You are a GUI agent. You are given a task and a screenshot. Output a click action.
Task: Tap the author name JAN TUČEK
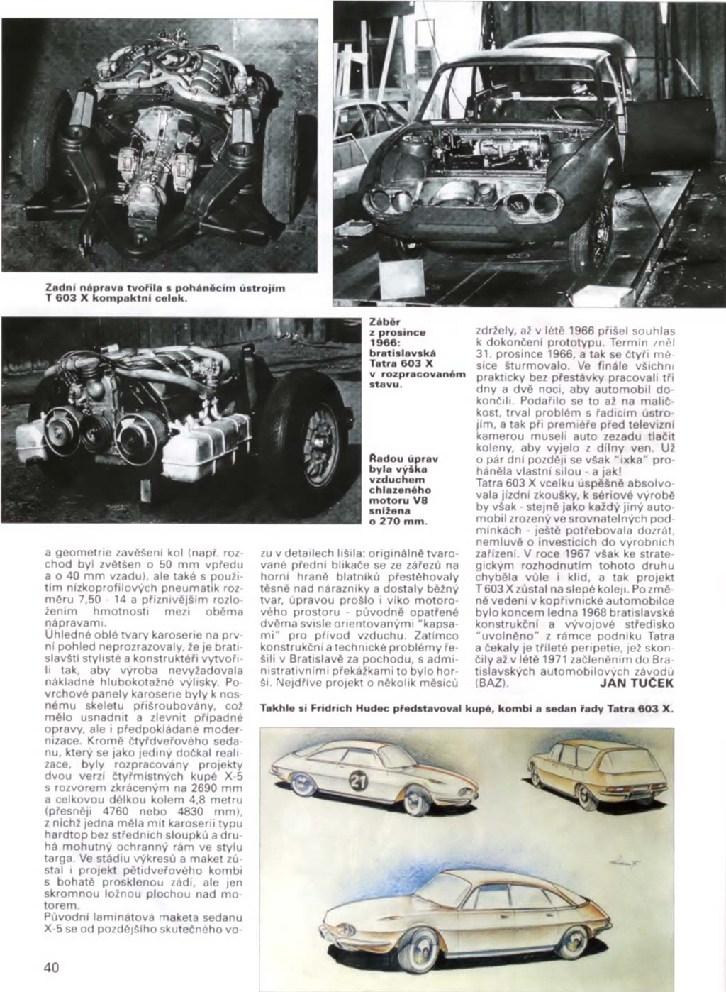point(637,683)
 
